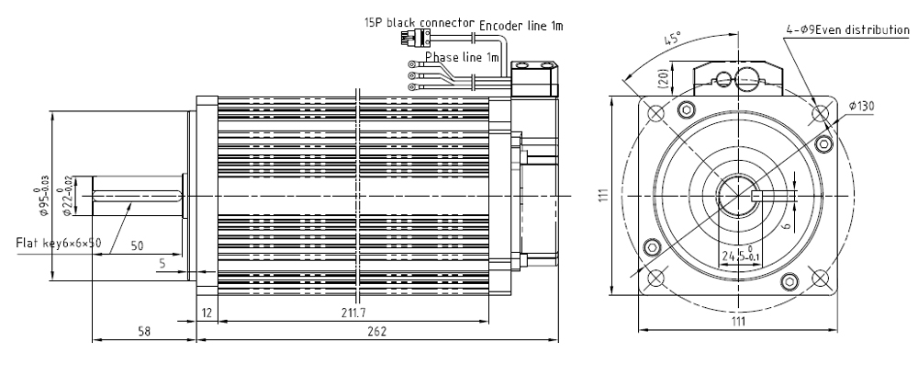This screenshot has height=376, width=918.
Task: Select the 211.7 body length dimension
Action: pos(347,313)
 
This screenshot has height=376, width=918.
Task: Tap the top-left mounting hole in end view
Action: pos(655,113)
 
